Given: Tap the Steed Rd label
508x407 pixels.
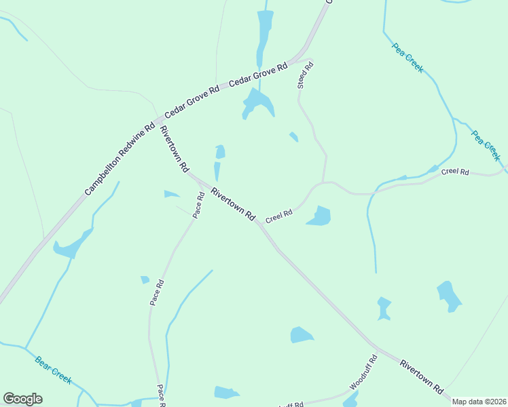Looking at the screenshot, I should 305,75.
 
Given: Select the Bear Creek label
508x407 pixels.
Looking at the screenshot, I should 53,370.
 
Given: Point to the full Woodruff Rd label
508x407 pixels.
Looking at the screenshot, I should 363,372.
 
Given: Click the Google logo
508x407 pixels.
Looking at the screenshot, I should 22,399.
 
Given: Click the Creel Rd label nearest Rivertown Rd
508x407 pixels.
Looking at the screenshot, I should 278,216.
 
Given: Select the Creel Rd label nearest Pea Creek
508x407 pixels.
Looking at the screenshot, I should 454,172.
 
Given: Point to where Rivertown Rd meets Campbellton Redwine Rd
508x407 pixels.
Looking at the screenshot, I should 158,121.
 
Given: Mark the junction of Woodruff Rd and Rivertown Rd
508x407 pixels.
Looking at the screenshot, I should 378,350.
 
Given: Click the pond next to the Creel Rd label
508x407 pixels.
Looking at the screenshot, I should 319,216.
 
